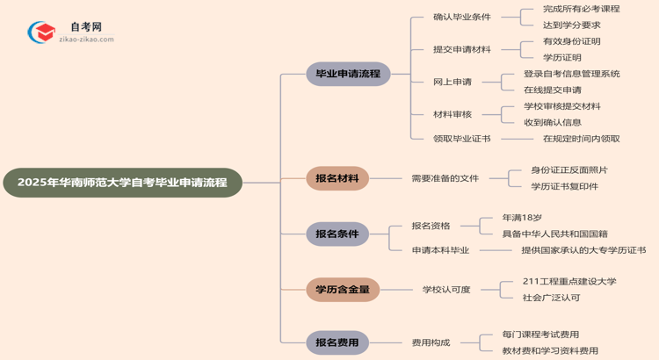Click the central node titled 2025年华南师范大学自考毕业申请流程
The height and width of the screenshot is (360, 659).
coord(122,183)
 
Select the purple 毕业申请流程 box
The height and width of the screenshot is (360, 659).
coord(348,74)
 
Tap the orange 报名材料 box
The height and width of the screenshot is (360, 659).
coord(337,178)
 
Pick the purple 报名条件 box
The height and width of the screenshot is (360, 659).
coord(337,234)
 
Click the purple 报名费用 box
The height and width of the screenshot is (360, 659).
coord(337,342)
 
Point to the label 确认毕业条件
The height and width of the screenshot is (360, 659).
coord(462,17)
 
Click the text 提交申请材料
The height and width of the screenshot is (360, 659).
coord(462,49)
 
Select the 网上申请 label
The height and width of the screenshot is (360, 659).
coord(453,82)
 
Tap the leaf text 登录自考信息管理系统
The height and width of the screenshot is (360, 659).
coord(571,74)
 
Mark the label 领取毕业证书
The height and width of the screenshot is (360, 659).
coord(462,138)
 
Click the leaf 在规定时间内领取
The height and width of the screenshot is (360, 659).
coord(581,138)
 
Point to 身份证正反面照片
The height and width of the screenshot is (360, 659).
coord(568,169)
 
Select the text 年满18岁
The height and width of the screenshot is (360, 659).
coord(522,217)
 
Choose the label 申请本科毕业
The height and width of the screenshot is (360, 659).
coord(440,250)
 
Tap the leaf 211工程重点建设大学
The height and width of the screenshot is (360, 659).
coord(568,281)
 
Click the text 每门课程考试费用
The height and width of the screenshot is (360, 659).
coord(540,335)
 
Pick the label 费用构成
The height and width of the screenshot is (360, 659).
coord(434,342)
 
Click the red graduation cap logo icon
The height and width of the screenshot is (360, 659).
coord(41,32)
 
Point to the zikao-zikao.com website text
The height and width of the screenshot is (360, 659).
coord(86,40)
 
